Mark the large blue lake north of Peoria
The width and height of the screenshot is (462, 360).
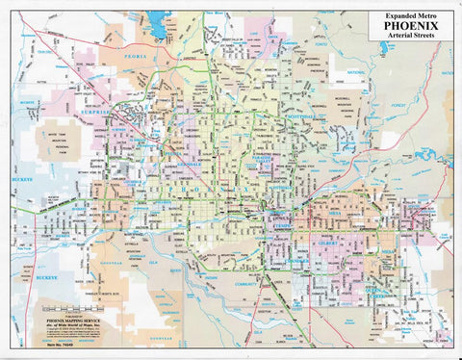pyautogui.click(x=156, y=21)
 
